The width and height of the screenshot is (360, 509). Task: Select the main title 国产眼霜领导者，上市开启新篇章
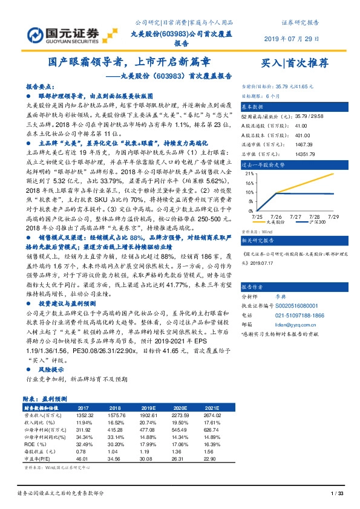pyautogui.click(x=129, y=62)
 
